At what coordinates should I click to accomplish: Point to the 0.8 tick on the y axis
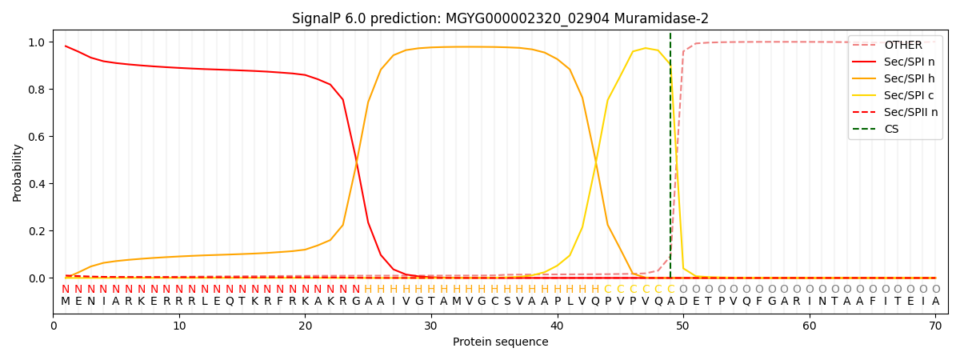tap(38, 90)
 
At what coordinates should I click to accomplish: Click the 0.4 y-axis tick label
tap(38, 184)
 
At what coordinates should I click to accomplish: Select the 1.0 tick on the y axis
tap(38, 42)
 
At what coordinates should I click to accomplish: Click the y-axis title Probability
tap(18, 173)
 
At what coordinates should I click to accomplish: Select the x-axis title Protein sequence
tap(500, 342)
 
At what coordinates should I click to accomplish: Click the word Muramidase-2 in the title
tap(670, 18)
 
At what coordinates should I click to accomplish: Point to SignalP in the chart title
tap(318, 18)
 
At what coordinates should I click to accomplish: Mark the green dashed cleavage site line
tap(670, 160)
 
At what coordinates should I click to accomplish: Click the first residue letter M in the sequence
tap(66, 302)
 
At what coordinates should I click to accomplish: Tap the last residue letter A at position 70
tap(935, 302)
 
